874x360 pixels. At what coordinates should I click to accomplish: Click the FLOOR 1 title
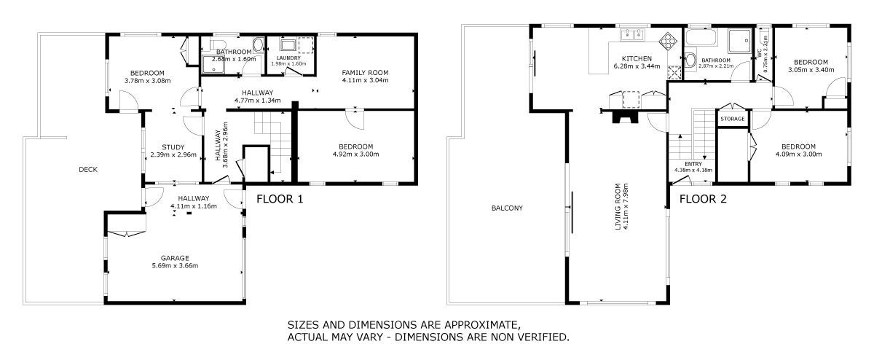pos(280,199)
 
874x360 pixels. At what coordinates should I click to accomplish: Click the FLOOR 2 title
pos(703,199)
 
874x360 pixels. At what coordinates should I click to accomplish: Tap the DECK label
pos(88,170)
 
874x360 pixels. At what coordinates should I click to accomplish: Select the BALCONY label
pos(507,208)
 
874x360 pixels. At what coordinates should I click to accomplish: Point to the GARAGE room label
pos(175,258)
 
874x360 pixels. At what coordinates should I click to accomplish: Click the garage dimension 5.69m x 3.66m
pos(175,266)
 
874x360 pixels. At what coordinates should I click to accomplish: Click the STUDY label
pos(173,147)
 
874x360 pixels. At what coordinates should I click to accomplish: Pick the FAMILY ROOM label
pos(365,73)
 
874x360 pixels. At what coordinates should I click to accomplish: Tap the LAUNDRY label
pos(288,58)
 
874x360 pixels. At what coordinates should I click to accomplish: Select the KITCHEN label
pos(637,58)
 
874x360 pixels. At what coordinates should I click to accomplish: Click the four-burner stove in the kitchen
pos(668,42)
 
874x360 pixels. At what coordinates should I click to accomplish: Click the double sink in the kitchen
pos(632,34)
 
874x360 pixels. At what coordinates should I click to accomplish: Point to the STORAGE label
pos(733,119)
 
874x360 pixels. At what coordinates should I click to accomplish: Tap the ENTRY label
pos(693,164)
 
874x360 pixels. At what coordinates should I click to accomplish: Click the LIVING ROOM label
pos(618,206)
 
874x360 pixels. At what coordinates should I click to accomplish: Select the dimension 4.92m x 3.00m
pos(356,154)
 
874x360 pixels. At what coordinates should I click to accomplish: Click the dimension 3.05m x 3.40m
pos(811,70)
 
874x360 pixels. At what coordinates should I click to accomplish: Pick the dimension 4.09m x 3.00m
pos(799,154)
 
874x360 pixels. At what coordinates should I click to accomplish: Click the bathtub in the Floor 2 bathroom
pos(701,37)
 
